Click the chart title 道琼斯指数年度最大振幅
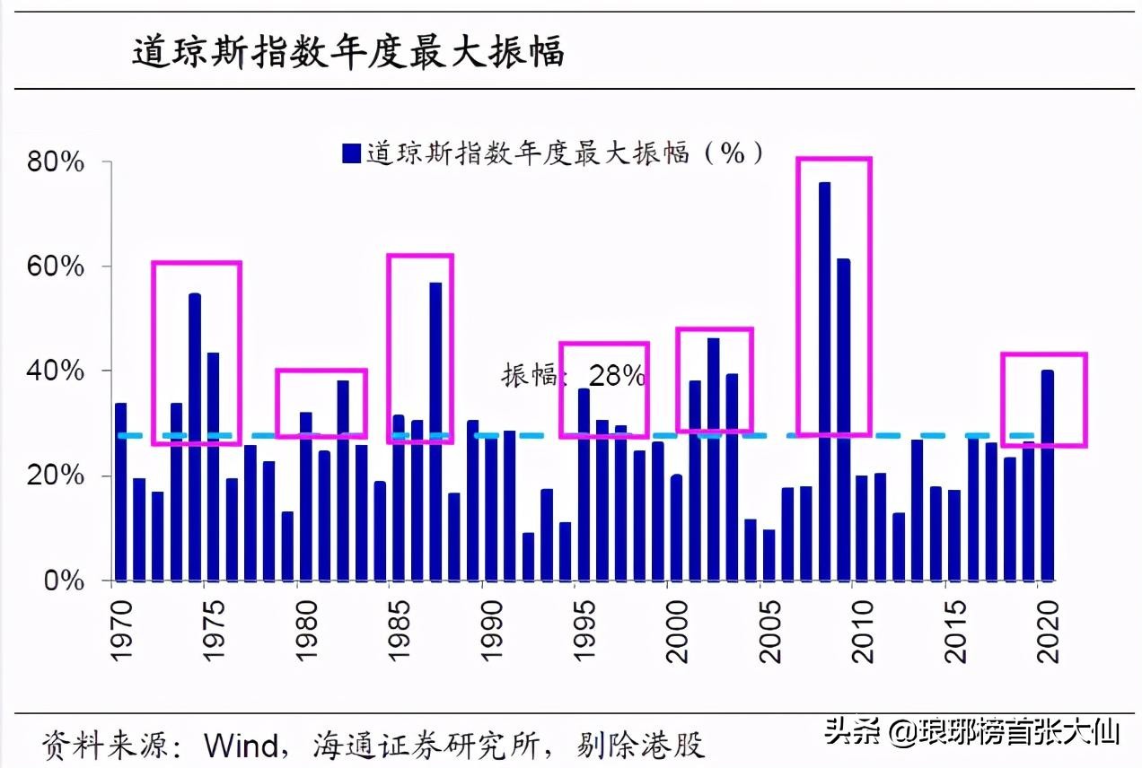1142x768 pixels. point(348,52)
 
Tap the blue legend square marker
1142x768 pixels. point(351,153)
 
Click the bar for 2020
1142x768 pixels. point(1047,476)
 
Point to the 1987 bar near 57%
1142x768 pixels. point(435,431)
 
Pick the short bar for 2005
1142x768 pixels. point(769,555)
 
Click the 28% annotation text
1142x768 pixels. point(616,376)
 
